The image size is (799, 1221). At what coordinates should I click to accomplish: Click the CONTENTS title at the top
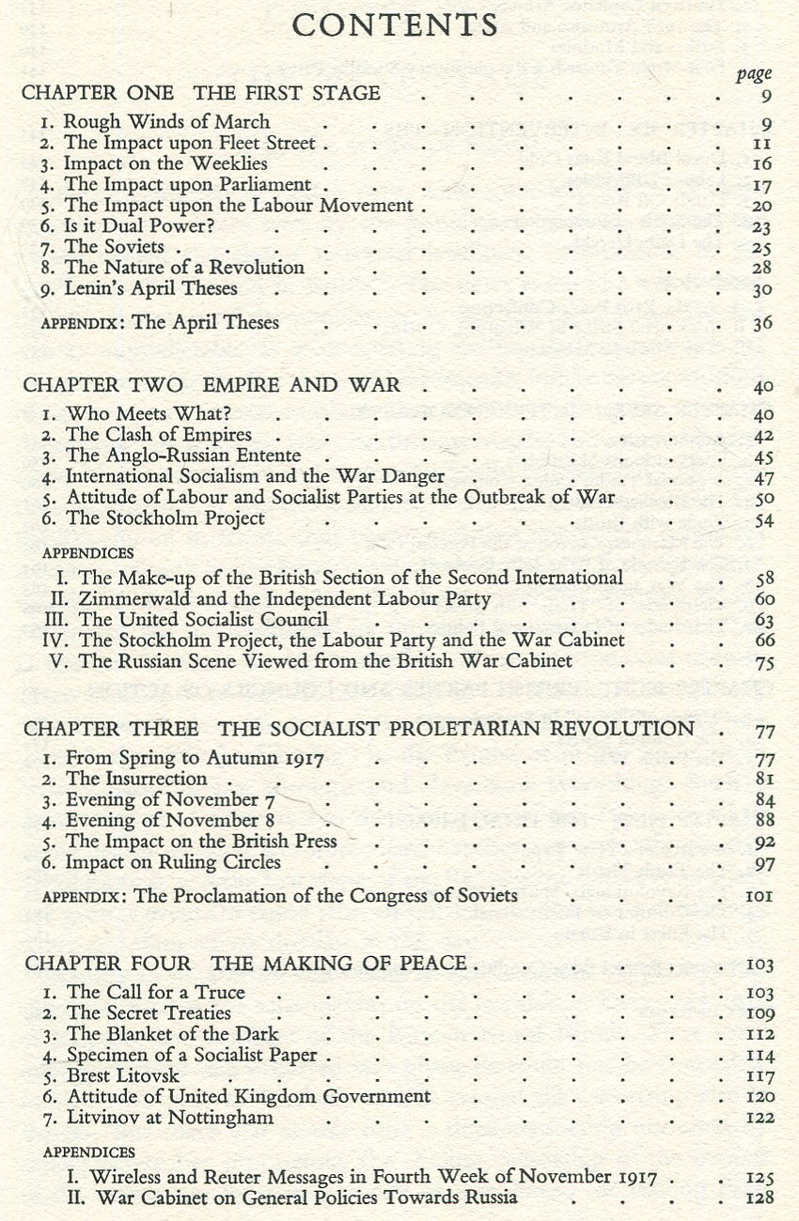click(x=395, y=25)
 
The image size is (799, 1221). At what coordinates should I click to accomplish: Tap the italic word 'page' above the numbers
click(x=753, y=74)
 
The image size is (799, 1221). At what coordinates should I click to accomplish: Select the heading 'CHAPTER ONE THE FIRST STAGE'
click(x=201, y=93)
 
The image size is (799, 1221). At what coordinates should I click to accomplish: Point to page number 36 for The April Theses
click(x=761, y=324)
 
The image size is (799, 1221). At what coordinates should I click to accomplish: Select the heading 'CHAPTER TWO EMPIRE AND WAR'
click(x=211, y=385)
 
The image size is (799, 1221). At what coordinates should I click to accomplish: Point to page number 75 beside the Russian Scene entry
click(x=764, y=662)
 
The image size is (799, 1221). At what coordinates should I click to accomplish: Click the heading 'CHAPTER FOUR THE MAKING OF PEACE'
click(x=245, y=964)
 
